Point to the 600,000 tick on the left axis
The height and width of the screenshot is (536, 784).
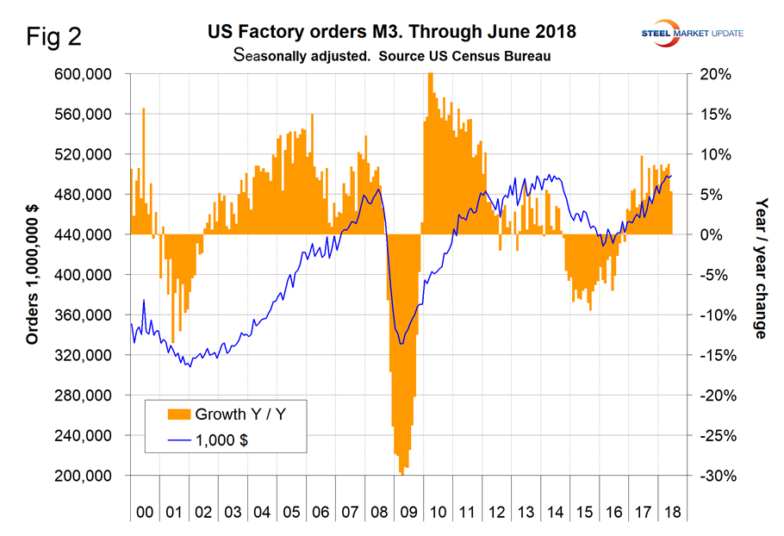[x=84, y=74]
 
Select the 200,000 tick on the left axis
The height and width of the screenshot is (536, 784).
[x=84, y=476]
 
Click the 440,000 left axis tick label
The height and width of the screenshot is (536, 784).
[x=84, y=234]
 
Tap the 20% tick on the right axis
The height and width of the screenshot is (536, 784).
[x=716, y=74]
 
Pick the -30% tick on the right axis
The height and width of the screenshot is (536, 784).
[x=714, y=476]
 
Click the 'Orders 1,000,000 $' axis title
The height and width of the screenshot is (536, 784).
[x=33, y=275]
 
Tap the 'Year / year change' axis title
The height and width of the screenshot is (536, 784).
[x=761, y=267]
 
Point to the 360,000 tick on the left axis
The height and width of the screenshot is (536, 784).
[x=84, y=315]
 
